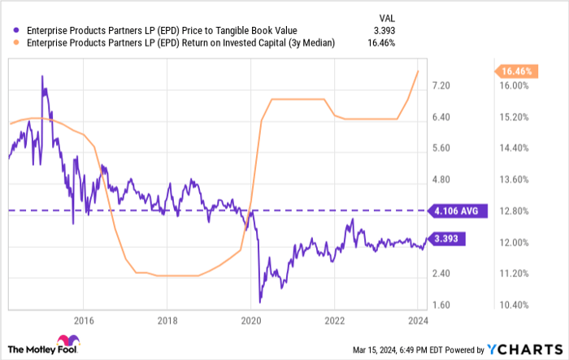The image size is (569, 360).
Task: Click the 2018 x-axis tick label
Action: pyautogui.click(x=166, y=319)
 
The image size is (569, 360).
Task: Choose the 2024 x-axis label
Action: pyautogui.click(x=417, y=319)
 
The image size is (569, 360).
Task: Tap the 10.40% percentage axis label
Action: pyautogui.click(x=515, y=306)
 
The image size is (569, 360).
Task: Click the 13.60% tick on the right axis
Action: pyautogui.click(x=515, y=180)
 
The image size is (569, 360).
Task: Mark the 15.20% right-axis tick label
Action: pyautogui.click(x=515, y=117)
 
